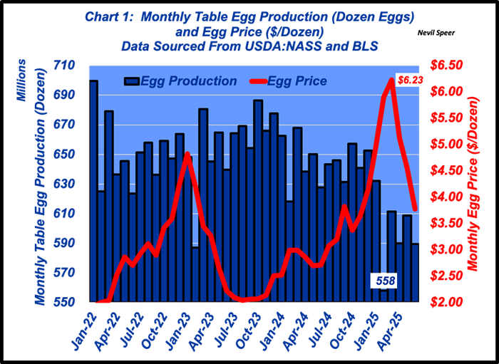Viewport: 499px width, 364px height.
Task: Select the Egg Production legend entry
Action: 180,81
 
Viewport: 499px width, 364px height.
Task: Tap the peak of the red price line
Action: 391,79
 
